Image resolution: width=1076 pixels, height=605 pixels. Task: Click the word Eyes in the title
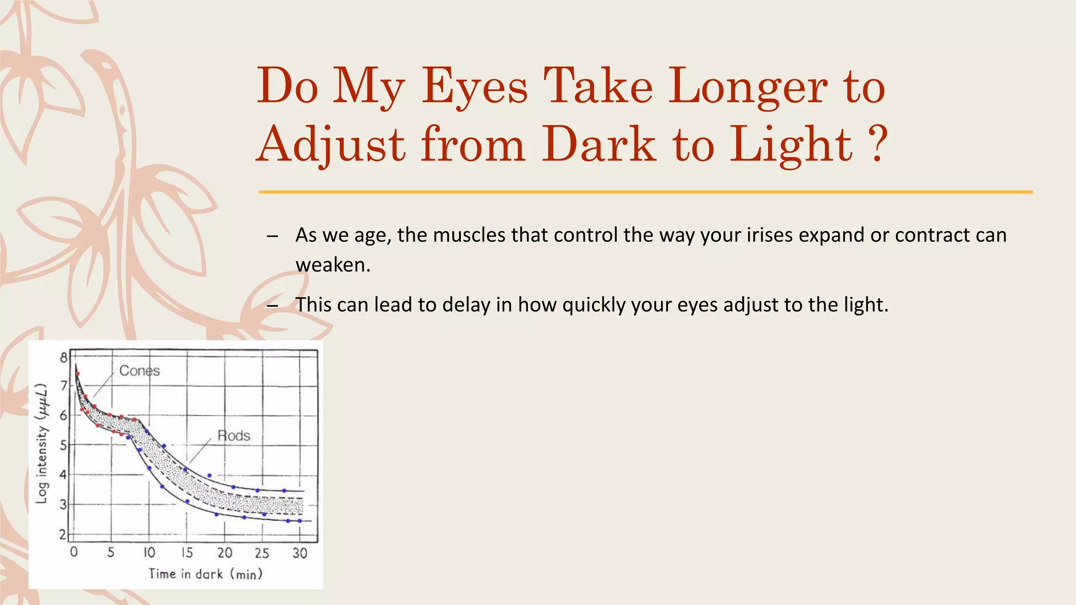tap(474, 86)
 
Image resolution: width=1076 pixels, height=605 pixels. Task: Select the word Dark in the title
tap(599, 144)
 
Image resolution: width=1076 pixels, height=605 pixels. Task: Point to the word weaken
tap(333, 265)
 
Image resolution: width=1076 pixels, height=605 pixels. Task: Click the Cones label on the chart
tap(139, 371)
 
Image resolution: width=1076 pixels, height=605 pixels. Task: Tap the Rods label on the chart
tap(234, 436)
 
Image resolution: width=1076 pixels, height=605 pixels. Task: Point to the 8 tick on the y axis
tap(64, 358)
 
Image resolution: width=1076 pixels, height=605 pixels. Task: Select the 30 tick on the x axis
tap(299, 553)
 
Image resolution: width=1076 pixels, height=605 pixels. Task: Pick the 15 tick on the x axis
tap(187, 553)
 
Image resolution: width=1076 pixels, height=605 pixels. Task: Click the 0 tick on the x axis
tap(74, 552)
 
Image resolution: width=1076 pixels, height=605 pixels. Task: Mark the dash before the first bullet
tap(272, 236)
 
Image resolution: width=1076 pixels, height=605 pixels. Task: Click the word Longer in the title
tap(748, 86)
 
